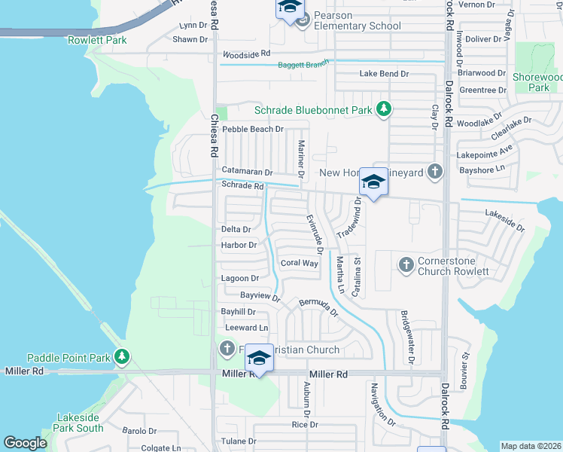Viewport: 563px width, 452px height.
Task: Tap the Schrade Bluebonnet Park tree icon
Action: coord(384,110)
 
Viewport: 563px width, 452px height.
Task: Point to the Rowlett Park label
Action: coord(97,40)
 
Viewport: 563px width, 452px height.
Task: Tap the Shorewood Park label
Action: coord(537,82)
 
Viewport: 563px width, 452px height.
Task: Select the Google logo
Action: coord(25,443)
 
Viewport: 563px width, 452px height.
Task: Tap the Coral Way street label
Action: coord(299,263)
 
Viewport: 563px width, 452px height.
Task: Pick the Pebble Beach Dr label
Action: coord(253,129)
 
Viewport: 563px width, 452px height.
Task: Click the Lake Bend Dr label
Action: coord(384,74)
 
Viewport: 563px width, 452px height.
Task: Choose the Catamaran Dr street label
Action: coord(247,172)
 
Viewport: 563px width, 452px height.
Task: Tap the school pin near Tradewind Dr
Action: coord(373,182)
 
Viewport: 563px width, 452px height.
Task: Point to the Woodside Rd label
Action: coord(245,54)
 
